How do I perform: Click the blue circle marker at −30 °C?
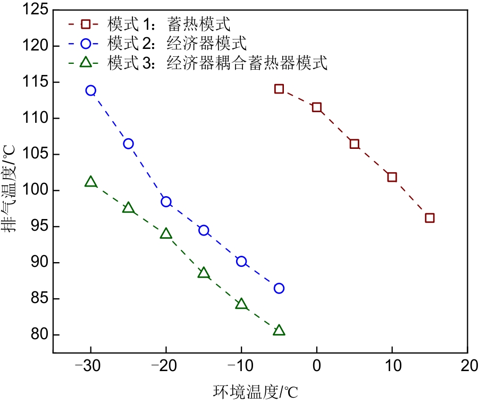[x=91, y=90]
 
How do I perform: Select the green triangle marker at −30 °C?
[x=91, y=182]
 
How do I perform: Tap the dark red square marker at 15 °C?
[x=430, y=218]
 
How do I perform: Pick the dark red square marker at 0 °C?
[x=317, y=107]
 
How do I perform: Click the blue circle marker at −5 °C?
[x=279, y=288]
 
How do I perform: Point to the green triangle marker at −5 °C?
[x=279, y=331]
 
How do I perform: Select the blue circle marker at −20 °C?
[x=166, y=201]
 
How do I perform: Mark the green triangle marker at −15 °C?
[x=204, y=273]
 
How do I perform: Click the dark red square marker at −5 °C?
[x=279, y=88]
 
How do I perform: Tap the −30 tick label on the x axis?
[x=90, y=367]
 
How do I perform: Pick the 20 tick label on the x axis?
[x=467, y=367]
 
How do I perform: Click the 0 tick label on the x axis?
[x=317, y=367]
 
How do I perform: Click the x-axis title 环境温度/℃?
[x=255, y=392]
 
